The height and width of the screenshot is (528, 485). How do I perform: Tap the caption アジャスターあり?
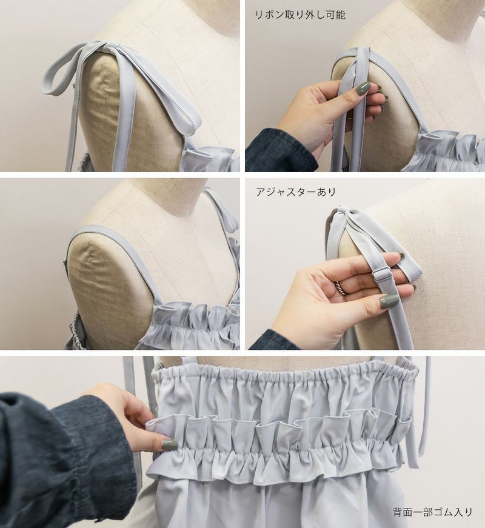click(296, 192)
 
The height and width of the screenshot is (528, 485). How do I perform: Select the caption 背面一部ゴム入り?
click(432, 512)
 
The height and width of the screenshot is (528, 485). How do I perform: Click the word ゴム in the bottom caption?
click(442, 512)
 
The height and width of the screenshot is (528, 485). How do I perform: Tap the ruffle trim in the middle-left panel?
click(192, 322)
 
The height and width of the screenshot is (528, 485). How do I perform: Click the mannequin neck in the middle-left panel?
click(169, 195)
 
